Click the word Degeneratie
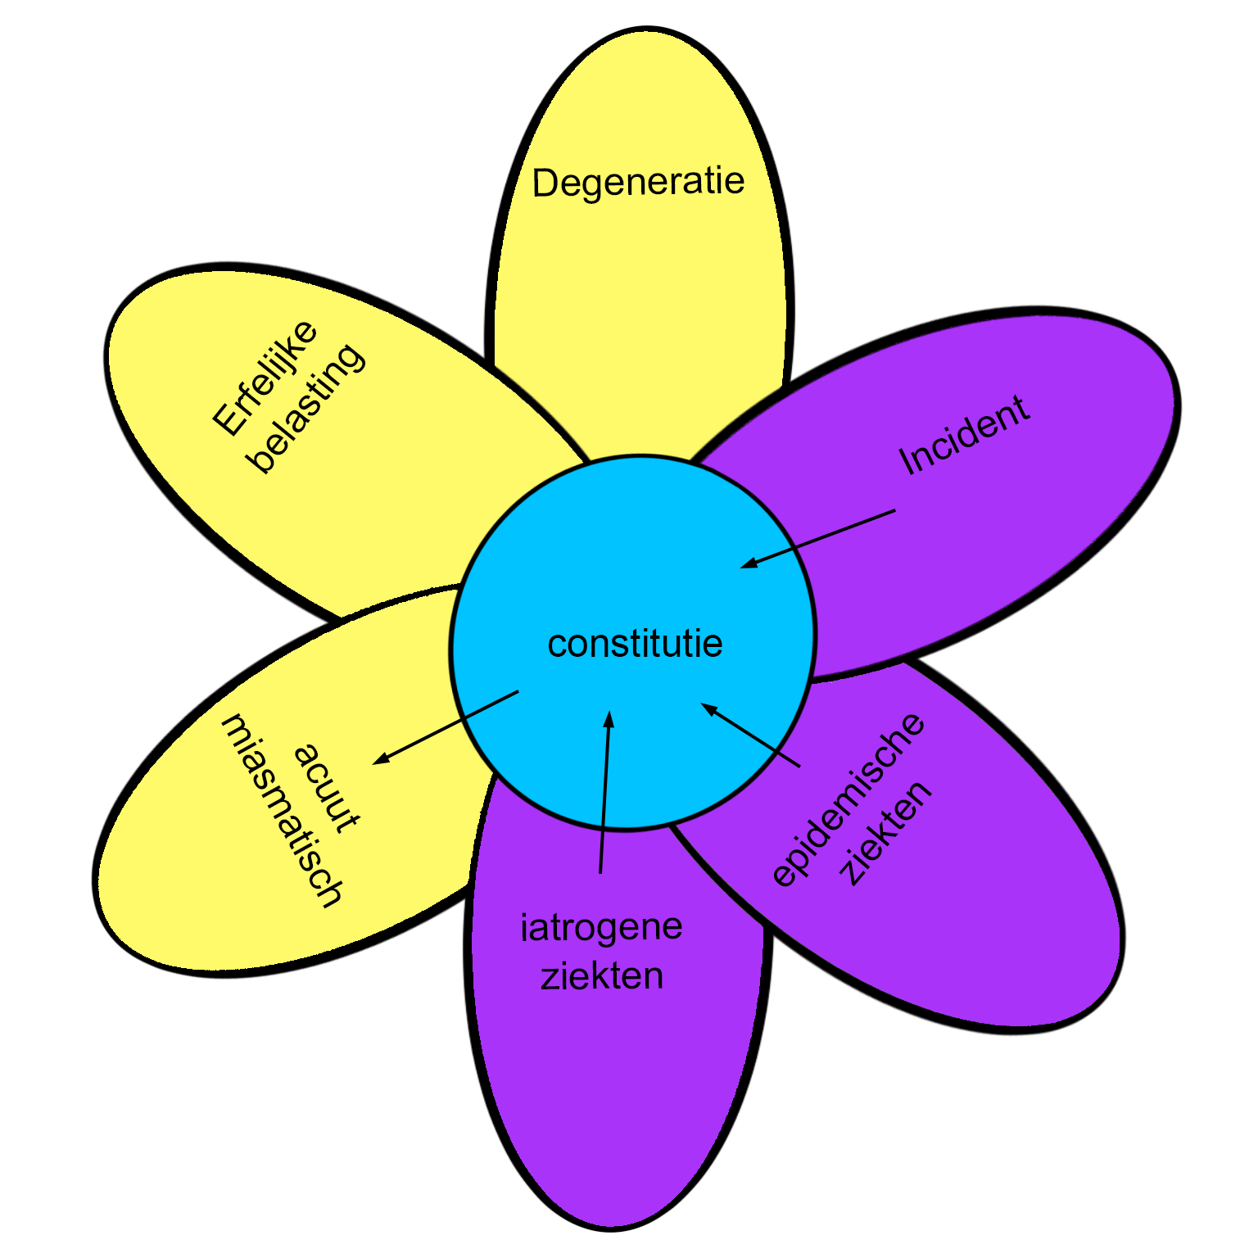point(638,182)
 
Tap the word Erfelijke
point(265,378)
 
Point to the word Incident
point(964,435)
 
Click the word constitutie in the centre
point(635,644)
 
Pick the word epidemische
point(848,799)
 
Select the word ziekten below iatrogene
point(602,976)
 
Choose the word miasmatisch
point(283,811)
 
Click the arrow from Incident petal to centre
point(818,538)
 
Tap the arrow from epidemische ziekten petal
point(750,735)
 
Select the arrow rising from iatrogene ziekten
point(604,792)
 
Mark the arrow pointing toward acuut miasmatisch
point(446,727)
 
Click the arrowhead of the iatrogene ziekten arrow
point(608,718)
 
